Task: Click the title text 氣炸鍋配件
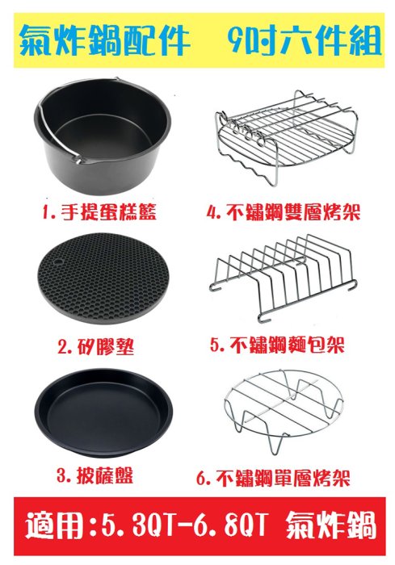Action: (x=105, y=40)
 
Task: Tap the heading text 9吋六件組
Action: (x=305, y=40)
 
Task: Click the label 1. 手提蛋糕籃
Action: (x=99, y=211)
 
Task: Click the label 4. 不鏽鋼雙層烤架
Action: (x=284, y=211)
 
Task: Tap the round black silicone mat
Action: (x=103, y=278)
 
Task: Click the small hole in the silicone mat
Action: (x=57, y=261)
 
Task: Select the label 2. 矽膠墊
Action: (x=96, y=346)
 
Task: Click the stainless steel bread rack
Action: (x=283, y=278)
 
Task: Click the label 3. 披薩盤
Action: (x=95, y=475)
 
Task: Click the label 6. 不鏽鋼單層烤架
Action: (x=273, y=478)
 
